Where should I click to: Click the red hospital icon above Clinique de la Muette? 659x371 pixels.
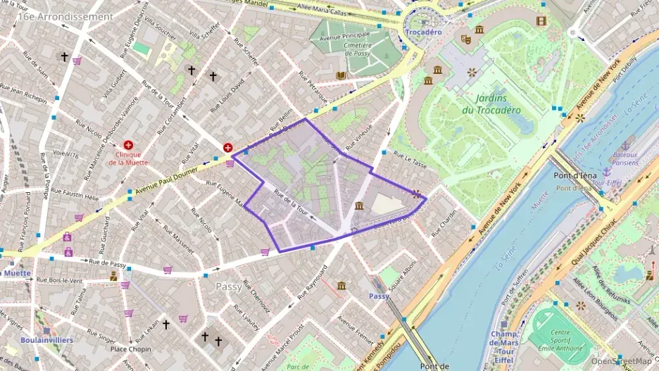point(128,144)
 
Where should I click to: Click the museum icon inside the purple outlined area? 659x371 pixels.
point(360,206)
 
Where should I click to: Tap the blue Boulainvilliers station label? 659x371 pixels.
point(46,340)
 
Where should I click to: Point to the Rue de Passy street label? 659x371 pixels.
point(108,263)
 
